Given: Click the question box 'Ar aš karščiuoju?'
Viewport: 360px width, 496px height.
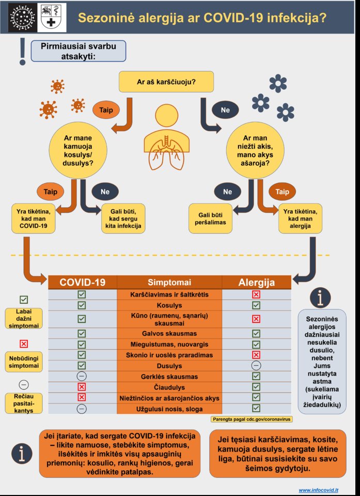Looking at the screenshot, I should (x=168, y=82).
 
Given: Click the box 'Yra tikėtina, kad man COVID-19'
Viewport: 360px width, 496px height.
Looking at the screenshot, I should (x=33, y=218).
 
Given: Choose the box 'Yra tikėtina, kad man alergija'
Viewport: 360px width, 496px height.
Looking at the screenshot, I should (x=300, y=218).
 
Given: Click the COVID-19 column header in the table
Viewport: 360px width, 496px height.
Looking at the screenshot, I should (x=83, y=282).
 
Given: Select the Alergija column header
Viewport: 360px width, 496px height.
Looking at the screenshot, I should (x=256, y=282).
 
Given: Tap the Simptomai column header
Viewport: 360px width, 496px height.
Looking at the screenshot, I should (x=169, y=282).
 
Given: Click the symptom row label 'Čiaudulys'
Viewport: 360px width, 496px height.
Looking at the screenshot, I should (x=169, y=387).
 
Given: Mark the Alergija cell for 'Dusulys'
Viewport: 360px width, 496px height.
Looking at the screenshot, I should (x=256, y=365).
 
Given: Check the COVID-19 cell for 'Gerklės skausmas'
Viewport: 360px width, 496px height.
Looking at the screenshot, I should (x=82, y=376).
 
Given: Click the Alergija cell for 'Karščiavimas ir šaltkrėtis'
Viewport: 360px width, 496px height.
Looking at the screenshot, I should (x=256, y=294).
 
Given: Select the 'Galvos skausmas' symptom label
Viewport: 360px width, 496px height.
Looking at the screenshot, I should (x=169, y=333).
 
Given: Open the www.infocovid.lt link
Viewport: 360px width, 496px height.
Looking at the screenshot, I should (x=319, y=489).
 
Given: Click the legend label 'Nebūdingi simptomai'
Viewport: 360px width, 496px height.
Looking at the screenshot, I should (x=24, y=361).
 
